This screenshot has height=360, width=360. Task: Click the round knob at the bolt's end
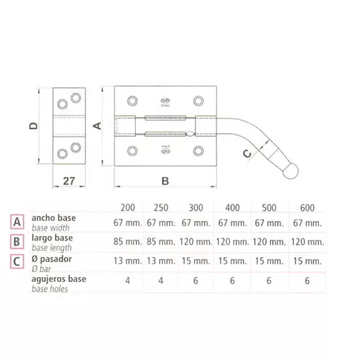point(291,171)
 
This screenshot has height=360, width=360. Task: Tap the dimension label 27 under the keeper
point(69,181)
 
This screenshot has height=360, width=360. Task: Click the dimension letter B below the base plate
point(165,181)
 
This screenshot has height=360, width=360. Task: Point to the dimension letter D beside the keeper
point(33,126)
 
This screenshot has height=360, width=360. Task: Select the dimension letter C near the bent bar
point(247,153)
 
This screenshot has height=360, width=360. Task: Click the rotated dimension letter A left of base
point(97,126)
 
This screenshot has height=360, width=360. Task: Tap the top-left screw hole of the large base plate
point(132,101)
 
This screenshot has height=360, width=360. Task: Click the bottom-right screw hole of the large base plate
point(198,151)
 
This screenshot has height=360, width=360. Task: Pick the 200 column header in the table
point(128,208)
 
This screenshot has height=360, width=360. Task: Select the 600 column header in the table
point(307,208)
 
